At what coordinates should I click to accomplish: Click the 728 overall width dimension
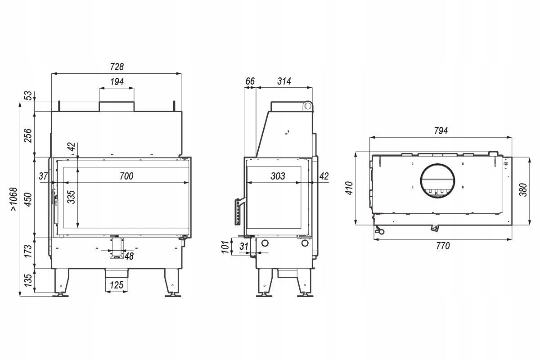tap(117, 67)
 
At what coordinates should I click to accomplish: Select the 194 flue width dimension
tap(117, 82)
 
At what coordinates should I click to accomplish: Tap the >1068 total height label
tap(14, 199)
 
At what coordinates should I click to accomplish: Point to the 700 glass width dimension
tap(126, 176)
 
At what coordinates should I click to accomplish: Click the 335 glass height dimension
tap(72, 197)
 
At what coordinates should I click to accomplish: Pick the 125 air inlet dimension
tap(117, 285)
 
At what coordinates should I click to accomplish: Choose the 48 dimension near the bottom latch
tap(129, 256)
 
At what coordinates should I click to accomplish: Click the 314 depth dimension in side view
tap(284, 81)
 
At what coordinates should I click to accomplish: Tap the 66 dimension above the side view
tap(250, 81)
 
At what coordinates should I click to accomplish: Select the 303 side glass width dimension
tap(278, 176)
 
